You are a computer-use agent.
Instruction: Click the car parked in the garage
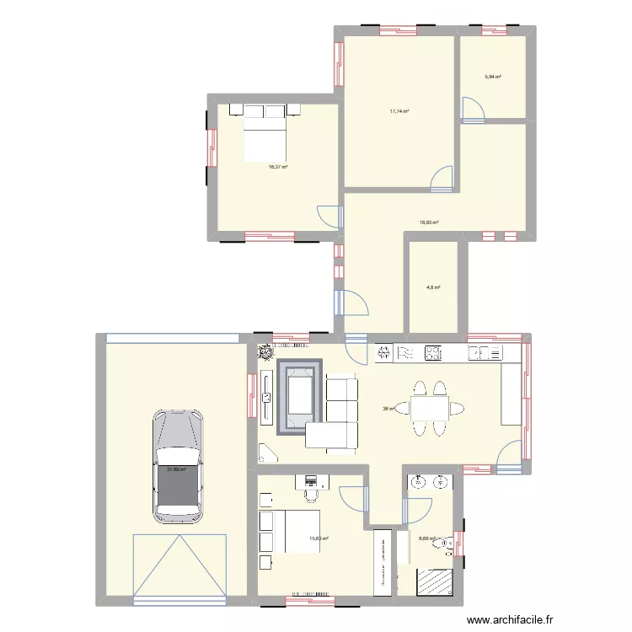tap(177, 463)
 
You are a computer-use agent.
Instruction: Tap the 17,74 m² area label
tap(399, 110)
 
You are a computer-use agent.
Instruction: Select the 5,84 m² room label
tap(492, 77)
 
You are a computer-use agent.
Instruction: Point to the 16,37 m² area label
tap(278, 167)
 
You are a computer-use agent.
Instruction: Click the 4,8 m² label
tap(433, 287)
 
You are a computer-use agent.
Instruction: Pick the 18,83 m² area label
tap(430, 223)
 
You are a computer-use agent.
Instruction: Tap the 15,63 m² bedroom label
tap(319, 539)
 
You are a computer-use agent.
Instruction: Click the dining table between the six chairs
tap(429, 409)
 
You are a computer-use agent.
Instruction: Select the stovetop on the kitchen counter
tap(434, 353)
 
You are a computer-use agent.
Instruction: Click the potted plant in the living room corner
tap(265, 352)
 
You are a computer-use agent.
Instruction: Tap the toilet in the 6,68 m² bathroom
tap(445, 545)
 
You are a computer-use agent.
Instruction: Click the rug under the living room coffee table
tap(301, 397)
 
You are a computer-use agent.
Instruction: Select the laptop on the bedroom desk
tap(310, 481)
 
